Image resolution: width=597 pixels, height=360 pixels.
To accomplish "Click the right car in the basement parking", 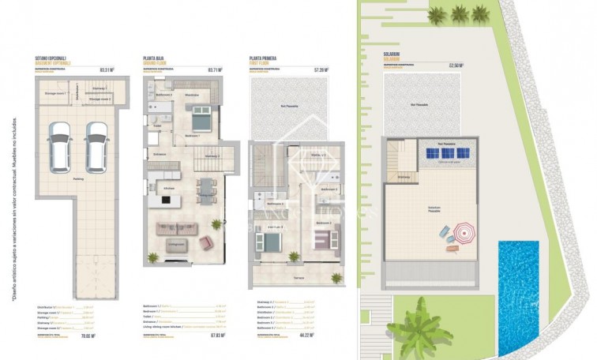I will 96,144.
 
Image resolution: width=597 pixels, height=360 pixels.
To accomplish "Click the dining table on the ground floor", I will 207,188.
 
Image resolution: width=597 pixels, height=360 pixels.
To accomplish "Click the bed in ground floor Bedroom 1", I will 199,122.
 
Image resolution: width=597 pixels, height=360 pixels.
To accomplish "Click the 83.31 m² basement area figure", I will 103,70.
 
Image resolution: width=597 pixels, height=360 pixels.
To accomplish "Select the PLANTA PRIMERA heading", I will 266,58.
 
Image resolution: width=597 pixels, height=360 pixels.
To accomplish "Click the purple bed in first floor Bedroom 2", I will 325,238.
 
